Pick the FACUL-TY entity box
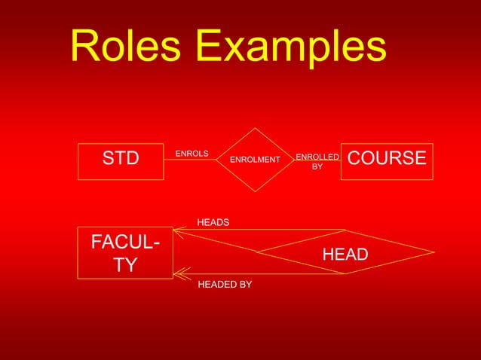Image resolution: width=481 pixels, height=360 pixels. [x=125, y=252]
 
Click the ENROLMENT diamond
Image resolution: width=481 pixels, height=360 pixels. [x=255, y=160]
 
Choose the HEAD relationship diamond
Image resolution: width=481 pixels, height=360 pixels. [x=345, y=252]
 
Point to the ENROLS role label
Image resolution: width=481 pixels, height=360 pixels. [x=191, y=154]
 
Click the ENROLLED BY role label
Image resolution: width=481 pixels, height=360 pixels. [x=317, y=161]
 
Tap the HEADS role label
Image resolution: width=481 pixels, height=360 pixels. [x=213, y=222]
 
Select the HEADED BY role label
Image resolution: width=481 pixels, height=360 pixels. [x=225, y=285]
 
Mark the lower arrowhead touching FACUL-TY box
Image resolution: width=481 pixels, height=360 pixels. [x=179, y=273]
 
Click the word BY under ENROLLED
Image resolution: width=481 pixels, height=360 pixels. [x=317, y=166]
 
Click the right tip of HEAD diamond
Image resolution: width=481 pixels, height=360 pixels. [x=434, y=252]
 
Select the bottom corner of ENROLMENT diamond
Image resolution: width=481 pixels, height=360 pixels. [x=256, y=191]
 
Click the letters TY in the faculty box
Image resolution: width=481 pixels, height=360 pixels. [x=125, y=265]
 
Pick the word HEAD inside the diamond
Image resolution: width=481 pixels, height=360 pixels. [x=345, y=255]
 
